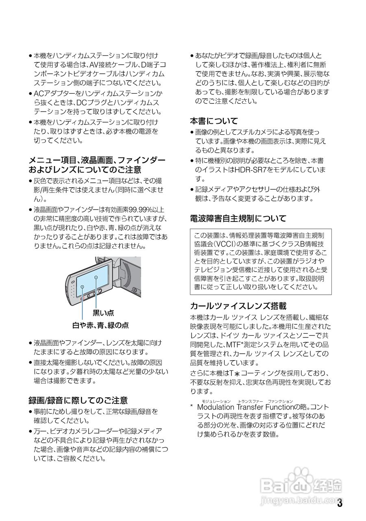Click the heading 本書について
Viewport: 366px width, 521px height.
pos(214,121)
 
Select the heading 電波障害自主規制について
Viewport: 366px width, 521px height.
pos(238,219)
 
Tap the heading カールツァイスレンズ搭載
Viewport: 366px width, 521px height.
pos(238,306)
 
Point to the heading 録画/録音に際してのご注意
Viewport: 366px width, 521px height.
pos(78,400)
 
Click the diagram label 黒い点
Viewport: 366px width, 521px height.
pos(103,313)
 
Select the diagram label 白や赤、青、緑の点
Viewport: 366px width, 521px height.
pos(100,325)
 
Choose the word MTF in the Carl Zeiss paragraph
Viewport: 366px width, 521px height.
pos(234,344)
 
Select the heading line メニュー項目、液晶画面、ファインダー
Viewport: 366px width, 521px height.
pos(97,160)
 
